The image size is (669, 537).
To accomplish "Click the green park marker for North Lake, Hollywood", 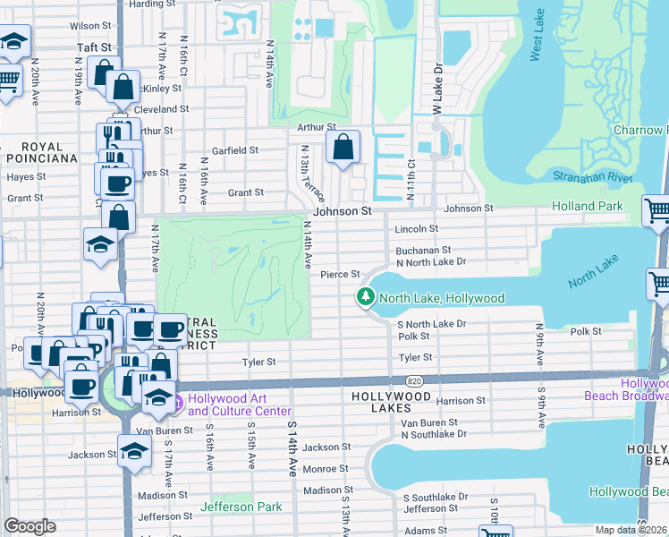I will pyautogui.click(x=365, y=297).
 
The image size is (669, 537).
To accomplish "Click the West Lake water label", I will pyautogui.click(x=537, y=41).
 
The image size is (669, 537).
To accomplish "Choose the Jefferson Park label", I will pyautogui.click(x=241, y=507).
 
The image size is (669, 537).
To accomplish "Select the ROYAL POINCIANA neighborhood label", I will pyautogui.click(x=42, y=152).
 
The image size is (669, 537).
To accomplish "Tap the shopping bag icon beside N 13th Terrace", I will pyautogui.click(x=343, y=148).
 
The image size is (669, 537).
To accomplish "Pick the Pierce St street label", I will pyautogui.click(x=340, y=275).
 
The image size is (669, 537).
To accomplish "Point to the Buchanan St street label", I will pyautogui.click(x=424, y=251).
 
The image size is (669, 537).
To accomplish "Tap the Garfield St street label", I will pyautogui.click(x=234, y=151).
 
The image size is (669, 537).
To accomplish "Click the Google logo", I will pyautogui.click(x=30, y=526).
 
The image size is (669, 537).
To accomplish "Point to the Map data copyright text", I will pyautogui.click(x=631, y=530).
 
